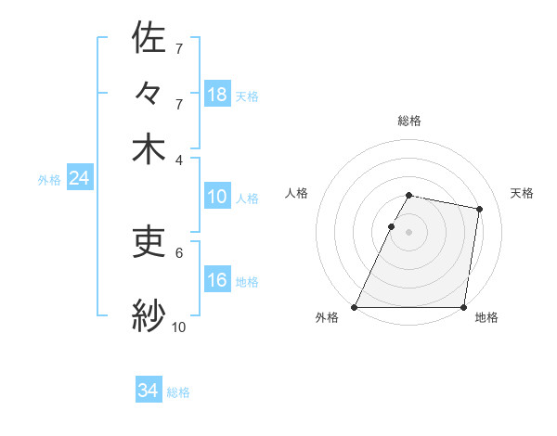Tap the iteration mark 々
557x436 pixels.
(x=149, y=94)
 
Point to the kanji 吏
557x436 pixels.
(x=149, y=241)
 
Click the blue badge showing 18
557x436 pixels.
(x=217, y=94)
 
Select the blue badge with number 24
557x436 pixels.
(x=79, y=179)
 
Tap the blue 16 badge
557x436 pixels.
(x=217, y=281)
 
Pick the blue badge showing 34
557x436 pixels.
(x=149, y=391)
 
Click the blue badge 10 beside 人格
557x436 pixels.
(x=217, y=198)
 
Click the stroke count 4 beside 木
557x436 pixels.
(x=179, y=159)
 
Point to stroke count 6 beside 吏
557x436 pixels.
(x=179, y=251)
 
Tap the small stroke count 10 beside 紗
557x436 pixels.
(x=179, y=327)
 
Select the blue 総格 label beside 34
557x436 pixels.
(x=178, y=392)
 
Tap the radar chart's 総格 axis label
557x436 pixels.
(x=408, y=121)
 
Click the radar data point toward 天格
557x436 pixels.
(x=480, y=210)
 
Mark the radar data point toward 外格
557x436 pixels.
(x=355, y=307)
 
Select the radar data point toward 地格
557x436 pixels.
(x=463, y=307)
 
